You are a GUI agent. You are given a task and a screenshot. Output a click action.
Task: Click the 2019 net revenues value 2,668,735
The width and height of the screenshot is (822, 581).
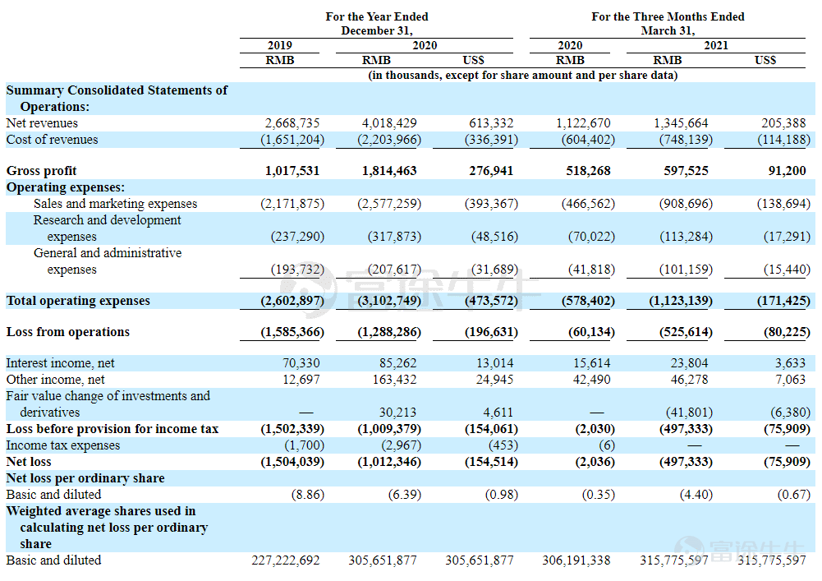click(x=292, y=123)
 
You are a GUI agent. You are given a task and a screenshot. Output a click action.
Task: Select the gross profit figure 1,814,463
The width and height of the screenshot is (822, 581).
click(x=389, y=171)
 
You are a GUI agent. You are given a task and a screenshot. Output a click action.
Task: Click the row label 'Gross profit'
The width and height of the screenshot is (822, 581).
click(x=41, y=171)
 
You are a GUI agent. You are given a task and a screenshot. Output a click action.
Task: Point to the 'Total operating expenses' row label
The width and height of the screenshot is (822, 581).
click(x=78, y=301)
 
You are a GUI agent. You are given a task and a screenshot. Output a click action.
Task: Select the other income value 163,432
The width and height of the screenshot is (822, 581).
click(x=394, y=380)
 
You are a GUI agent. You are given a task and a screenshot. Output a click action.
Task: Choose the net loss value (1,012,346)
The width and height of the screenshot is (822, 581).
click(x=389, y=462)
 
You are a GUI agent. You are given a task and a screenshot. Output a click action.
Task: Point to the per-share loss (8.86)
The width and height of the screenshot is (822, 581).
click(x=308, y=495)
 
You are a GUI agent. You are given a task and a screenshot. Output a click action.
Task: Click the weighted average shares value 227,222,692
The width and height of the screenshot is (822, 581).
click(x=286, y=560)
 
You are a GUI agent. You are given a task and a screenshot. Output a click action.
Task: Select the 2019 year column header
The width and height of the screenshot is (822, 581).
click(x=280, y=46)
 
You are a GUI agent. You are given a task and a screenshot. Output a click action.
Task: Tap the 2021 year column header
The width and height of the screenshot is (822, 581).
click(x=716, y=46)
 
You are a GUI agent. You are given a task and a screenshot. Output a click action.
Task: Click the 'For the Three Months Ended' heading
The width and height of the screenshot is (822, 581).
click(x=668, y=16)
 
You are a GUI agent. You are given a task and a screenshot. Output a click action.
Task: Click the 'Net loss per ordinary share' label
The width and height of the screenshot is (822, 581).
click(x=85, y=478)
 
